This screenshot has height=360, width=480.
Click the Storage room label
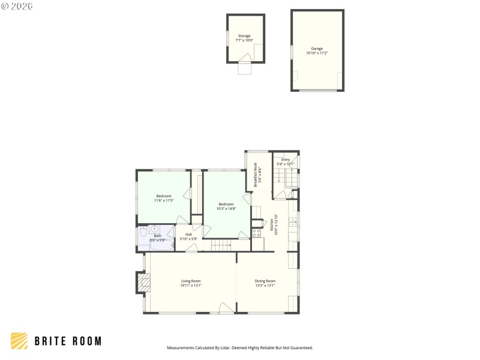click(x=244, y=36)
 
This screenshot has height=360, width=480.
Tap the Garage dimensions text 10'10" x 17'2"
click(x=317, y=53)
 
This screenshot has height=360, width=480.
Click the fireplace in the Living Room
click(x=142, y=282)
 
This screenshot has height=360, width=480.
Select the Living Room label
click(x=191, y=281)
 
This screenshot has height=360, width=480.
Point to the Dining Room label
click(x=265, y=281)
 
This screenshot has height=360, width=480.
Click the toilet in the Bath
click(x=143, y=232)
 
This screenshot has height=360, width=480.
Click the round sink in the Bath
click(x=154, y=229)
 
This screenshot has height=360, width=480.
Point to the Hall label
click(x=188, y=235)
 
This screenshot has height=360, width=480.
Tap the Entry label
click(x=286, y=160)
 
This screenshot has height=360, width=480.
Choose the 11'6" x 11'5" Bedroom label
click(x=164, y=196)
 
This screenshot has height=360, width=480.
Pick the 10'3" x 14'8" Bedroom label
click(x=226, y=204)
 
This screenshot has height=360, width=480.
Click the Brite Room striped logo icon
click(x=19, y=341)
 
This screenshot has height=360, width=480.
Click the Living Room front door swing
click(x=226, y=308)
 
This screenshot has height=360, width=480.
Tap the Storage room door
click(x=245, y=58)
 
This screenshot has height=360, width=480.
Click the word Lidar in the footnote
click(x=224, y=347)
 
